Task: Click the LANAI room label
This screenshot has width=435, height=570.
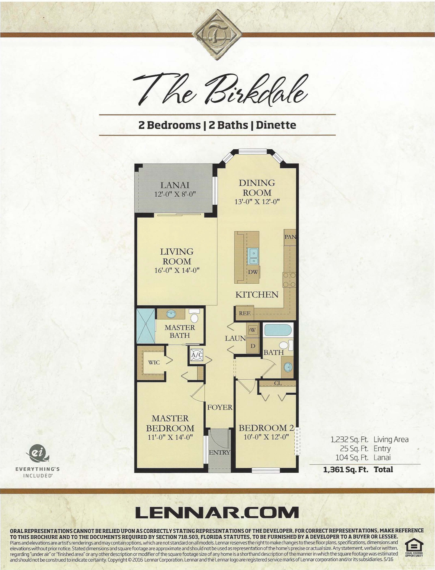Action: (175, 185)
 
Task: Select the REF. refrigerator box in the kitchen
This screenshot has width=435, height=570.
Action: (244, 313)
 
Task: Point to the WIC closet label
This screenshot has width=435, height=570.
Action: (154, 362)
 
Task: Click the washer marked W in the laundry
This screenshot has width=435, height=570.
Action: (252, 330)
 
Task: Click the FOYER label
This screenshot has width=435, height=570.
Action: (220, 407)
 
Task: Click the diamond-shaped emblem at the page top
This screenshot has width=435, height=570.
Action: (217, 35)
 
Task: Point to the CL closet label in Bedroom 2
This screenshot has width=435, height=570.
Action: (278, 383)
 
